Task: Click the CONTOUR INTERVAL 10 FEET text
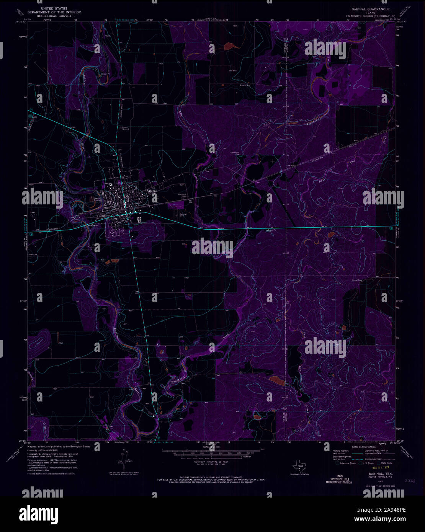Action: click(208, 462)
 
